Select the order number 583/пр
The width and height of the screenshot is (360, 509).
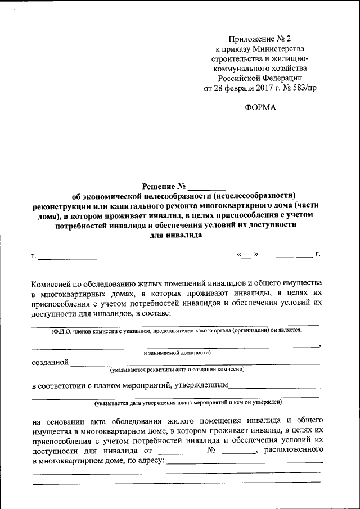click(x=301, y=88)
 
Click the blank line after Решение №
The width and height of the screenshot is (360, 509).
click(x=206, y=186)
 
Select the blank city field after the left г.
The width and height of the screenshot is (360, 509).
click(x=67, y=257)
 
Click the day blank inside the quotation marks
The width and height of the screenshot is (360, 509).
click(x=248, y=255)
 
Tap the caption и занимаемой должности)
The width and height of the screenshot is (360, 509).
click(x=177, y=353)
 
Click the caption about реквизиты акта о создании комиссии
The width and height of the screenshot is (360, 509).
click(x=177, y=371)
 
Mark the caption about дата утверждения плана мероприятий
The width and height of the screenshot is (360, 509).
click(x=188, y=403)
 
